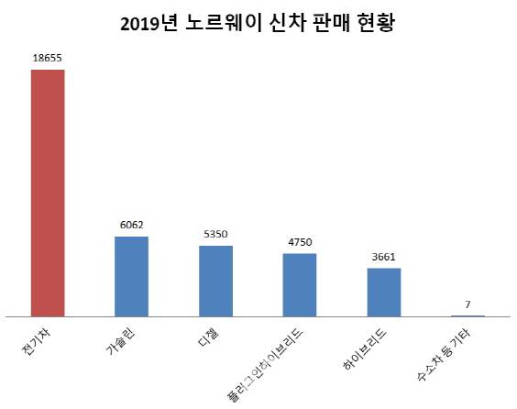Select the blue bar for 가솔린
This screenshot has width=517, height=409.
coord(131,276)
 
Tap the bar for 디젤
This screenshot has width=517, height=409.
coord(215,281)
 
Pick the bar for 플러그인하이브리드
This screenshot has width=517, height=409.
coord(300,284)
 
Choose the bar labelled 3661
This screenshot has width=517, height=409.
coord(384,293)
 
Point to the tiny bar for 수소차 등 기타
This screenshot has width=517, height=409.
coord(467,315)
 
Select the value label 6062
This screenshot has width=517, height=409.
coord(131,224)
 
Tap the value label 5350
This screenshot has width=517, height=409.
coord(215,233)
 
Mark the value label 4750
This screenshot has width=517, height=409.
coord(300,241)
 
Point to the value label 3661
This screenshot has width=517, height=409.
coord(384,256)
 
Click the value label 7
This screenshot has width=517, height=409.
coord(467,304)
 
